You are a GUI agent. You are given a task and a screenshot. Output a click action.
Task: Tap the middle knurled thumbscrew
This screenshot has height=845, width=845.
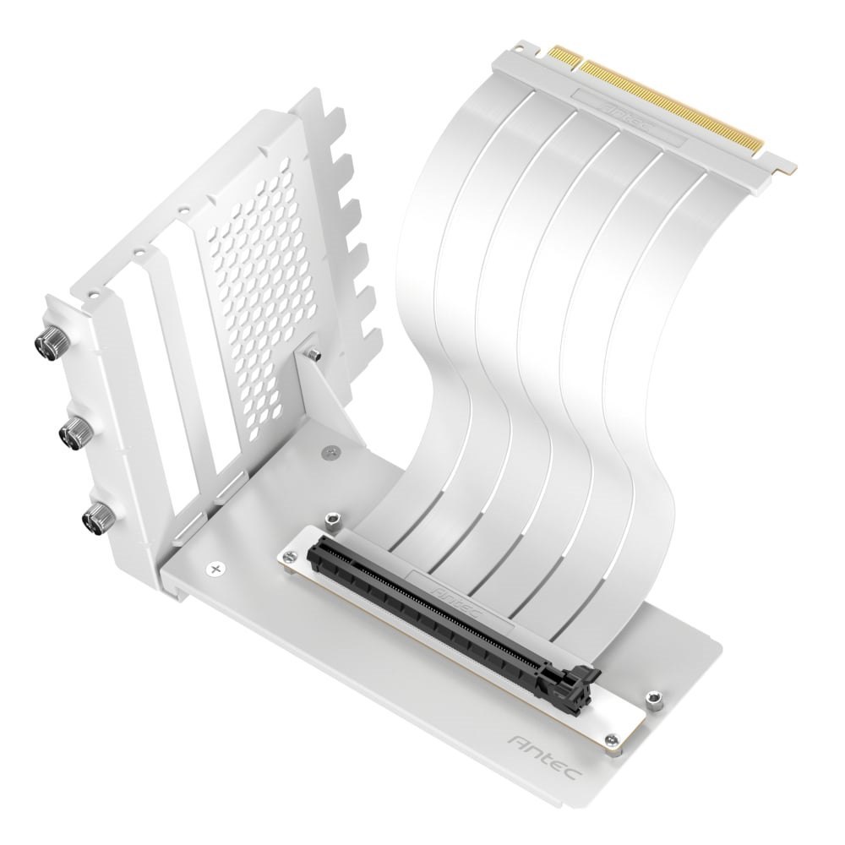(69, 433)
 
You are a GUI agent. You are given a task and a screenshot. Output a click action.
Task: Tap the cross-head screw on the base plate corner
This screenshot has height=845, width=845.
(218, 568)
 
